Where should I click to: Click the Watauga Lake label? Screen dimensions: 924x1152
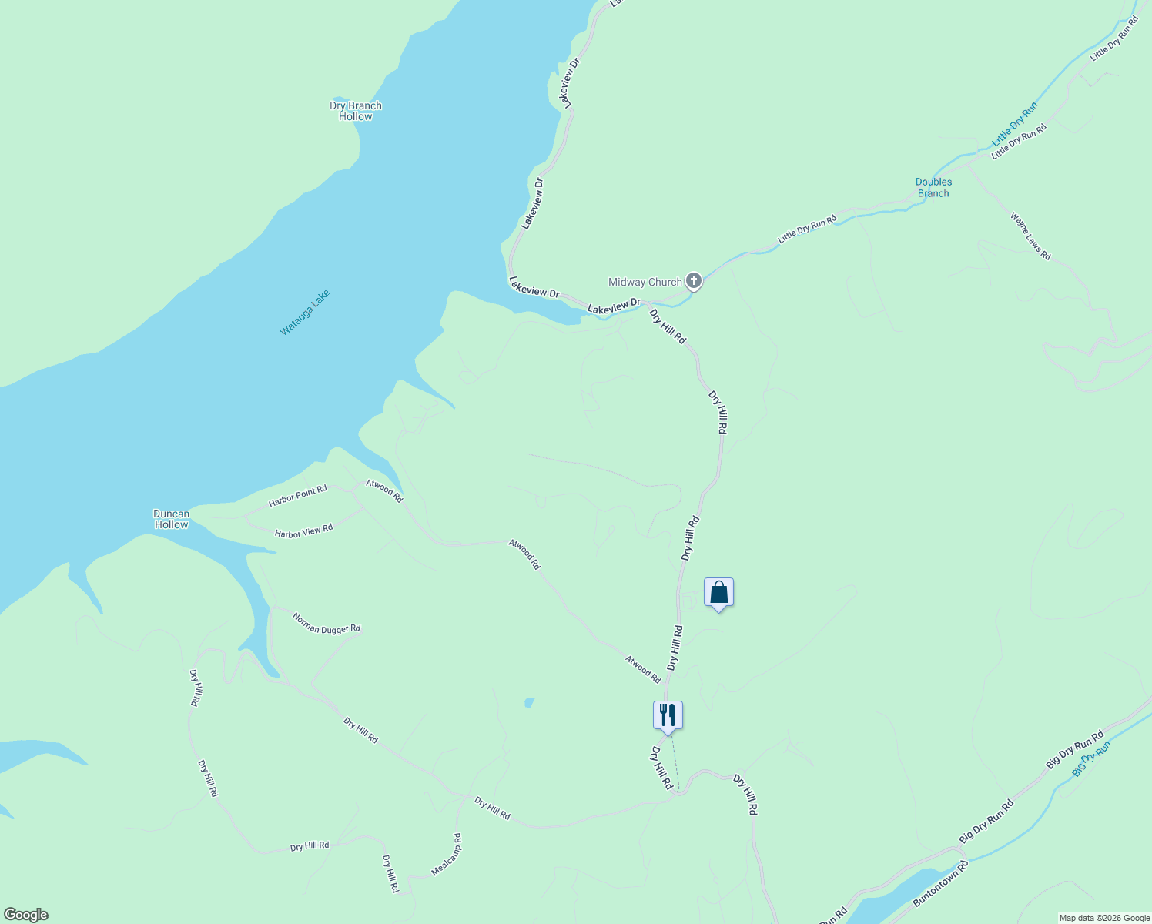coord(305,312)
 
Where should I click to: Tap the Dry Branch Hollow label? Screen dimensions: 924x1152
coord(356,112)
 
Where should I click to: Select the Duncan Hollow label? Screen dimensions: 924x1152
coord(171,519)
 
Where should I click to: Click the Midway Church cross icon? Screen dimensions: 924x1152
coord(694,281)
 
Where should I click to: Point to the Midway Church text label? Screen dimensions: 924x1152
coord(645,282)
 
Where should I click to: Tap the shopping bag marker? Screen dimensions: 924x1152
coord(718,593)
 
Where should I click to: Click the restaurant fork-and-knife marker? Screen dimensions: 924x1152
coord(668,715)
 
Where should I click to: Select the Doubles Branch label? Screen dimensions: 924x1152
coord(933,188)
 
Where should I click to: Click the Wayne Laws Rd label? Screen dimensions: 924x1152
coord(1030,236)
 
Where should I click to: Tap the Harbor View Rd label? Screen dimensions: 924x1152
coord(303,531)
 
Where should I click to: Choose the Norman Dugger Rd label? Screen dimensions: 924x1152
coord(327,623)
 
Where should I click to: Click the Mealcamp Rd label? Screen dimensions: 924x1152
coord(447,854)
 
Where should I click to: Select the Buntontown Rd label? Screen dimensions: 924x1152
coord(940,883)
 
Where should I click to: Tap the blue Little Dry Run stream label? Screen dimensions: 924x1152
coord(1014,124)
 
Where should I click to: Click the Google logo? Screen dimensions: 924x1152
coord(25,915)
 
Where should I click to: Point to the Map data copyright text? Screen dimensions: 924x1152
coord(1104,918)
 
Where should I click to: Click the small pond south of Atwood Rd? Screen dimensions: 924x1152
coord(529,702)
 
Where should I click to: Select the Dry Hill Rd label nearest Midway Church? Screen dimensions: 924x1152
coord(667,326)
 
